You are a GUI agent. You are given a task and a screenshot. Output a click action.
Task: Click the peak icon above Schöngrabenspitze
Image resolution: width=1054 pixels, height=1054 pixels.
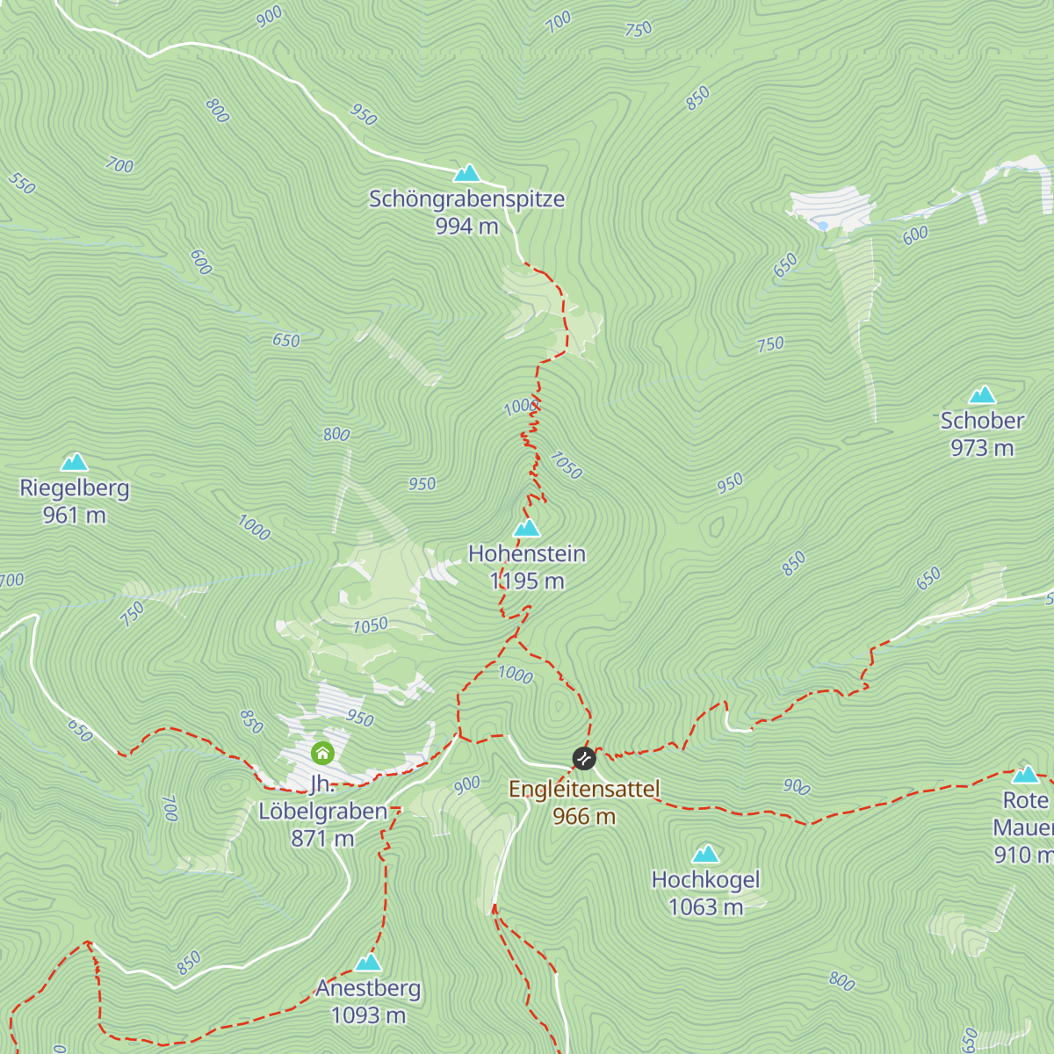(466, 173)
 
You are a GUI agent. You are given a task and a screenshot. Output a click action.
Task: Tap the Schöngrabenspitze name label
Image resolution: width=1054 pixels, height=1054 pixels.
(466, 199)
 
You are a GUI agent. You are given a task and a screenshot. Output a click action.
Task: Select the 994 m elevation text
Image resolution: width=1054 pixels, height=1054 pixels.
(466, 227)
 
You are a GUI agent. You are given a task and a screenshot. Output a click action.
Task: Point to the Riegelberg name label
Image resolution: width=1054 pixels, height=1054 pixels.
(75, 488)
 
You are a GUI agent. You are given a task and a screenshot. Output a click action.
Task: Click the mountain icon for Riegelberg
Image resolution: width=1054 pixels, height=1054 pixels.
(74, 462)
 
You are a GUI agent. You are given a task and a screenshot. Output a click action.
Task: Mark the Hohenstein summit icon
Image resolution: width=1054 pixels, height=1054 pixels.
(526, 528)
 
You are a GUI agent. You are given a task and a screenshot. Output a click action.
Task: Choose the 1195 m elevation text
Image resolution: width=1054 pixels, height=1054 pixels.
(527, 581)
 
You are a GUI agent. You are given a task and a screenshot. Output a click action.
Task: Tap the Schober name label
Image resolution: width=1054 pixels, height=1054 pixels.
(982, 421)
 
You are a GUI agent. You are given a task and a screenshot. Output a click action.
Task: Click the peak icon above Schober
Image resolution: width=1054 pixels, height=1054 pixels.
(982, 395)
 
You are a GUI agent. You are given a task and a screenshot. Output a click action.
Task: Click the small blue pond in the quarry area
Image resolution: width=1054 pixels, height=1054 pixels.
(822, 226)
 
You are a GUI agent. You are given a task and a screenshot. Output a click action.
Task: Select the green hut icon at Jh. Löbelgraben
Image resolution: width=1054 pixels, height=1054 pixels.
(322, 753)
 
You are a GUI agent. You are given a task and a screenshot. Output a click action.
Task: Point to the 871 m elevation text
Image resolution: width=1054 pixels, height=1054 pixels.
(322, 839)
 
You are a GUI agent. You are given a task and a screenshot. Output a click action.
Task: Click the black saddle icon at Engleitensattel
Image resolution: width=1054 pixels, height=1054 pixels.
(584, 758)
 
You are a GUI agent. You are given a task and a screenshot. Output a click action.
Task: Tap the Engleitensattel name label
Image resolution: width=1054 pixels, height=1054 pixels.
(584, 790)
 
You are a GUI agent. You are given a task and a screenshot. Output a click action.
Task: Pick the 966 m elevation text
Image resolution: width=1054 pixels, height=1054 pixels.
(584, 817)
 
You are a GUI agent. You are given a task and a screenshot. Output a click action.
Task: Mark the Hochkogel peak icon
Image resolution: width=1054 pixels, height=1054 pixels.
(705, 854)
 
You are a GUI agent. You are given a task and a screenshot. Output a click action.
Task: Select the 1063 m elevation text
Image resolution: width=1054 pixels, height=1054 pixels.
(705, 907)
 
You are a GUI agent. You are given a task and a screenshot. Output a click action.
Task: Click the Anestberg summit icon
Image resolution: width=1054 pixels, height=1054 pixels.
(368, 963)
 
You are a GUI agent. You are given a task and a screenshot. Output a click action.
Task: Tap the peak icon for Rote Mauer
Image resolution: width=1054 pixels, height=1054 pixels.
(1025, 775)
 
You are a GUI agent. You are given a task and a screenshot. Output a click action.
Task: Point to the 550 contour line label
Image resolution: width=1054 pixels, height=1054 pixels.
(22, 184)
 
